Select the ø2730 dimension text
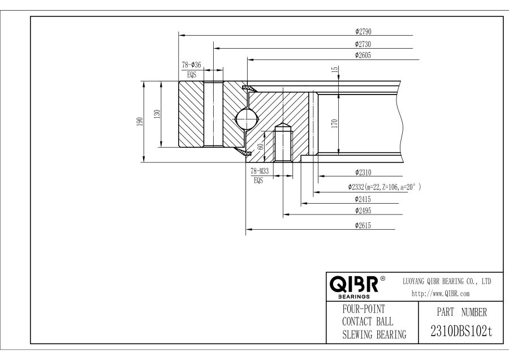click(x=363, y=44)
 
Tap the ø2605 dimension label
click(x=363, y=55)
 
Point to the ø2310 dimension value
click(x=363, y=172)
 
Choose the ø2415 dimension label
click(x=363, y=199)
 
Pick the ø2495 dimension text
click(x=363, y=211)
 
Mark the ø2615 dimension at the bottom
click(x=363, y=225)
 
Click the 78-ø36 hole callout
click(x=191, y=65)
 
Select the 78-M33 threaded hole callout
click(x=259, y=171)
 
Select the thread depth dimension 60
click(x=260, y=146)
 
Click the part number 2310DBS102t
click(x=458, y=331)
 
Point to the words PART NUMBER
click(x=459, y=311)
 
